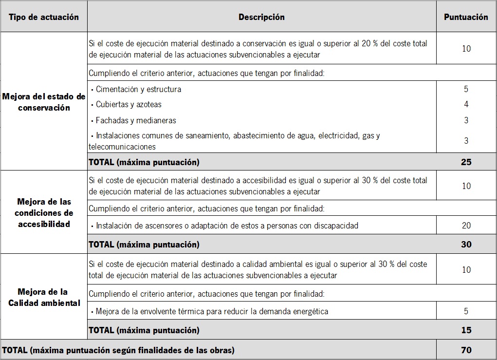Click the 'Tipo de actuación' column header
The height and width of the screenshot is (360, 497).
43,17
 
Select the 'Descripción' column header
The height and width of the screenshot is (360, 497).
261,17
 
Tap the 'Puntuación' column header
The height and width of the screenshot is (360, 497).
466,17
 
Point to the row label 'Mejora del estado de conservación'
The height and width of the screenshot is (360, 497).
43,102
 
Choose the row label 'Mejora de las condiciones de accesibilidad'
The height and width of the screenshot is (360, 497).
43,213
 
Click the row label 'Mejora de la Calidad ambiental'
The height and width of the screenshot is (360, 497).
43,297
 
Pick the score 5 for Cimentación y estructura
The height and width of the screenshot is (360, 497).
466,89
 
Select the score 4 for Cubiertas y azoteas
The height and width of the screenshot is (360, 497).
466,104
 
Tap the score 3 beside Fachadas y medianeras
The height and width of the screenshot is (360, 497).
466,120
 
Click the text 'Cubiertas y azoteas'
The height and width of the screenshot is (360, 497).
129,104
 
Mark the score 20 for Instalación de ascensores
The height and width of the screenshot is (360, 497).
466,226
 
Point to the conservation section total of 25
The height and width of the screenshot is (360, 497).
466,162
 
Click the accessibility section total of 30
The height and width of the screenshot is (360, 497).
466,244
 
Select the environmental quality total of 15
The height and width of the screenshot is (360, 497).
466,330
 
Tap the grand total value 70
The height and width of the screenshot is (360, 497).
466,350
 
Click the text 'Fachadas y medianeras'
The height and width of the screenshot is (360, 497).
136,120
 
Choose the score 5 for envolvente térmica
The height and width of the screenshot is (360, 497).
466,311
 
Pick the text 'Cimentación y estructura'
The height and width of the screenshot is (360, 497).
138,89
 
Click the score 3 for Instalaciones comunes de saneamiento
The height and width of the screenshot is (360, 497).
466,141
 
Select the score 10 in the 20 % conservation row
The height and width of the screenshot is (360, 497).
466,49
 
